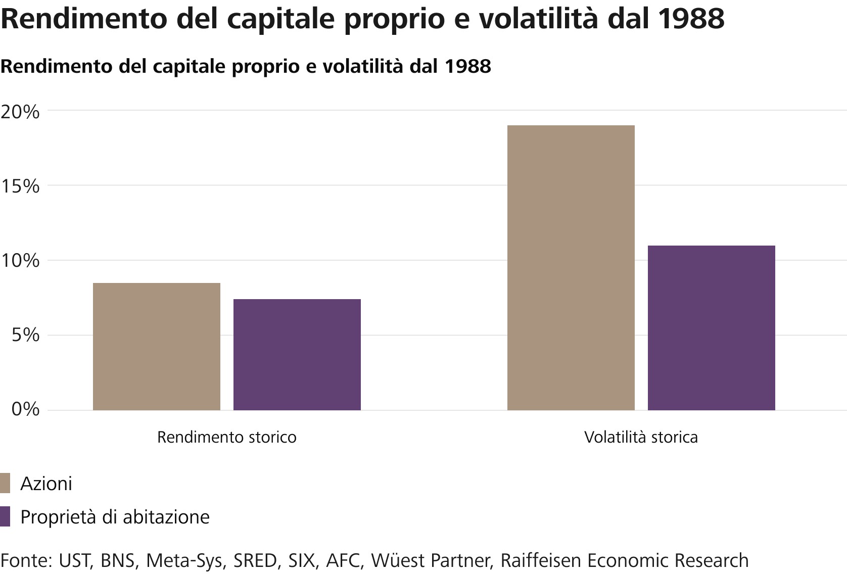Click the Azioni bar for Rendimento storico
click(x=157, y=347)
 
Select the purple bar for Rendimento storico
click(x=297, y=355)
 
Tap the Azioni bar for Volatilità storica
click(x=571, y=268)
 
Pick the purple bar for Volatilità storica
click(x=711, y=328)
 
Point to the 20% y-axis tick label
click(x=20, y=112)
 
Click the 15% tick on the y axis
click(x=20, y=186)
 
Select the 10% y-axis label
click(x=20, y=261)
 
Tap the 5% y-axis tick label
click(x=25, y=335)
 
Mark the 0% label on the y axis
click(x=25, y=409)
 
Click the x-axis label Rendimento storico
click(x=226, y=437)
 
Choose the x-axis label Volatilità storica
click(x=641, y=437)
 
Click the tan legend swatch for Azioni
click(x=5, y=484)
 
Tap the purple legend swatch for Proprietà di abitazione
click(x=5, y=517)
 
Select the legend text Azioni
click(x=46, y=484)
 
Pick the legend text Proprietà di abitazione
click(x=115, y=517)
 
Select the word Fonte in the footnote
click(x=26, y=561)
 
